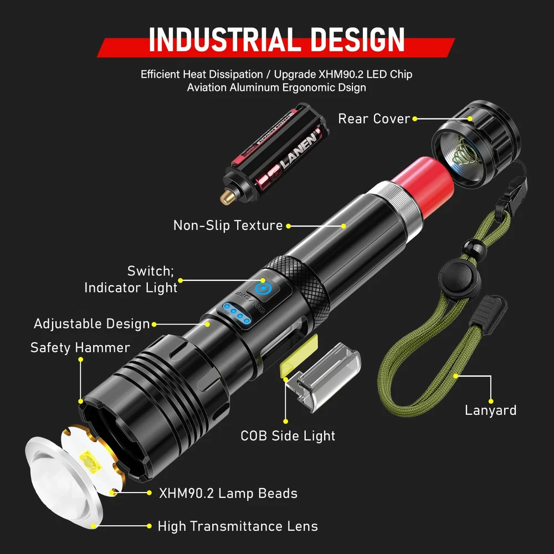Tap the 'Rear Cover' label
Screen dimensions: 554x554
pyautogui.click(x=374, y=119)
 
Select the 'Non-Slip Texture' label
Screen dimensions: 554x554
pyautogui.click(x=228, y=225)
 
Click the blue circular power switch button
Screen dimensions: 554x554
pyautogui.click(x=262, y=288)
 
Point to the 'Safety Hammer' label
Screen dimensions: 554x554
pyautogui.click(x=80, y=348)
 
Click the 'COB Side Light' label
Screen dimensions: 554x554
pyautogui.click(x=288, y=436)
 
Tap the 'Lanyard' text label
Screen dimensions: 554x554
pyautogui.click(x=490, y=410)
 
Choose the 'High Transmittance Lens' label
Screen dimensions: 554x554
pyautogui.click(x=238, y=526)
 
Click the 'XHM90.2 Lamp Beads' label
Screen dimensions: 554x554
pyautogui.click(x=228, y=493)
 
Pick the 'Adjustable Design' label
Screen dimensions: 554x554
pyautogui.click(x=92, y=324)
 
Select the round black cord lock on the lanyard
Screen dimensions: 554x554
pyautogui.click(x=459, y=279)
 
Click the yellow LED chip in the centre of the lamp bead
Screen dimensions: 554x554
pyautogui.click(x=91, y=462)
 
